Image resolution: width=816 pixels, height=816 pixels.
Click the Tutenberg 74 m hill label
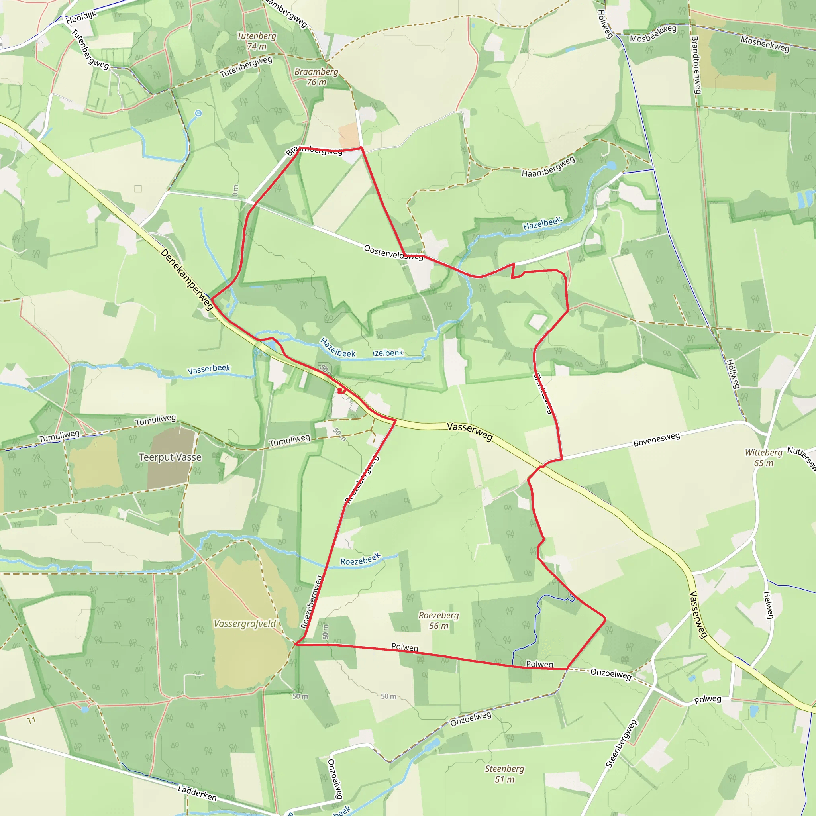point(256,41)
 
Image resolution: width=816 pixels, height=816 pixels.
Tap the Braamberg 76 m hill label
point(316,76)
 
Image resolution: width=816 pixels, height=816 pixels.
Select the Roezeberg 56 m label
point(438,620)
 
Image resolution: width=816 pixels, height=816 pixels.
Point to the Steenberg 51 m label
point(504,774)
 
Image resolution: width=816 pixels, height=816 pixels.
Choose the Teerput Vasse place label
point(170,457)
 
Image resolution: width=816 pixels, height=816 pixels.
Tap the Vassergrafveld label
point(245,624)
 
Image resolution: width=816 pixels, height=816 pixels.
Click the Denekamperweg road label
point(187,279)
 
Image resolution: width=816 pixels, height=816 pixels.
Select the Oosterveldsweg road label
point(393,252)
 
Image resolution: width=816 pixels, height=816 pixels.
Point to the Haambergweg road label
point(548,167)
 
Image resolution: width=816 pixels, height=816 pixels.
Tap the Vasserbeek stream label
point(209,369)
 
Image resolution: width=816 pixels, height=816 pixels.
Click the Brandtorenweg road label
point(696,65)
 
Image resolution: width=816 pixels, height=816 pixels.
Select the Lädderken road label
point(197,793)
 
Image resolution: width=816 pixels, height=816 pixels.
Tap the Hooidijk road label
point(81,17)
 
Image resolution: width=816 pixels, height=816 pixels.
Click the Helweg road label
point(768,605)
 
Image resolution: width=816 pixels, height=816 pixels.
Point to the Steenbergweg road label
point(621,743)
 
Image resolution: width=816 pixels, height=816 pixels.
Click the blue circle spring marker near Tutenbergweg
point(198,113)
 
